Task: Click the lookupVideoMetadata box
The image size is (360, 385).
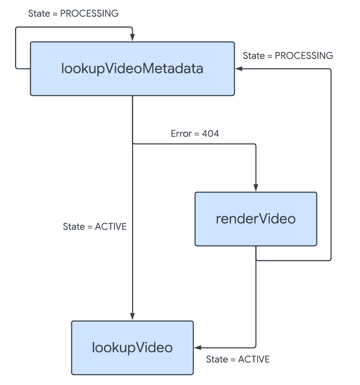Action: (132, 69)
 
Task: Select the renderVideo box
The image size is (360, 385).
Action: (256, 219)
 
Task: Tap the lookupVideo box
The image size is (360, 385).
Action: (132, 347)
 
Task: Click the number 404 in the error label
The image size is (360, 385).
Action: (210, 134)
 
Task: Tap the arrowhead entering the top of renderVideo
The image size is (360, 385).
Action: (256, 188)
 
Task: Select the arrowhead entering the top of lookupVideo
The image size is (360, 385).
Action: (132, 317)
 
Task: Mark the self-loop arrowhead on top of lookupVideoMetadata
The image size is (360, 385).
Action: (132, 38)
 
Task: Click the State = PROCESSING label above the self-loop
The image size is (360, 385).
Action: (73, 14)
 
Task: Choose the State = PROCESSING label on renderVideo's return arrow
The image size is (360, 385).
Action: (288, 56)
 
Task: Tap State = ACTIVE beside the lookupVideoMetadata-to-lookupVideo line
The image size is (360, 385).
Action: (94, 226)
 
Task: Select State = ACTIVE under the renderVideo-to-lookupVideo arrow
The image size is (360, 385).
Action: (238, 359)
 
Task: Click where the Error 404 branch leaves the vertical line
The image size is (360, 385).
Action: (132, 144)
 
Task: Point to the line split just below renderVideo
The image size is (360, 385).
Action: (256, 260)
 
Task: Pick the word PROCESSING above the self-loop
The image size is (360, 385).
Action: (89, 14)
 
